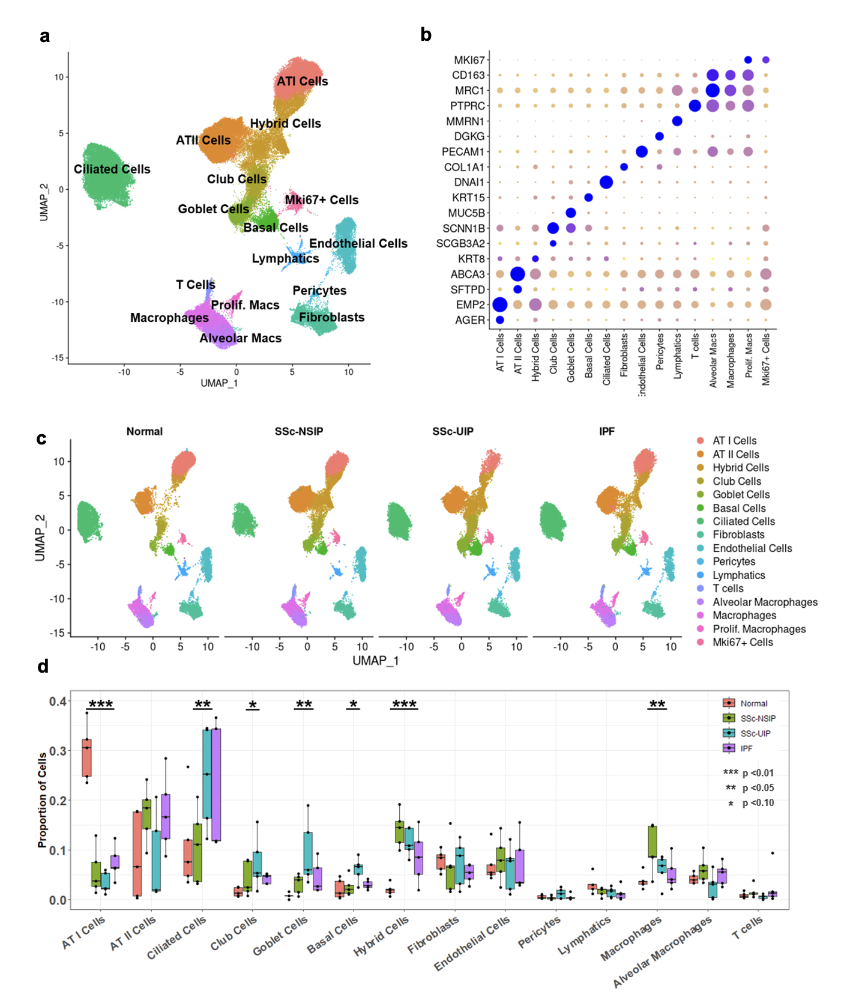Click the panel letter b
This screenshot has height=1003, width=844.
pos(426,35)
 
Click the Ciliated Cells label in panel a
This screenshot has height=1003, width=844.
pos(112,169)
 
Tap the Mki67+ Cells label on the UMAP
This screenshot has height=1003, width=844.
pos(321,200)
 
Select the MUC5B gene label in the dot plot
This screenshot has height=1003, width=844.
pos(466,213)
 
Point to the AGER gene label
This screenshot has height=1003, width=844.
pos(469,320)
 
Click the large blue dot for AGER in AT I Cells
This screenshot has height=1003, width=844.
pos(499,320)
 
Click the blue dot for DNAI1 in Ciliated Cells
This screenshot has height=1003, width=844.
pos(606,182)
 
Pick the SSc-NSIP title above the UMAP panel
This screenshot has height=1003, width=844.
pos(299,431)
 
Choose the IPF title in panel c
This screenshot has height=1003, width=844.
pos(607,431)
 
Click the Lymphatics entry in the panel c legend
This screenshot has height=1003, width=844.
pos(738,575)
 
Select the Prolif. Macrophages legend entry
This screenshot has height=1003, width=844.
pos(759,629)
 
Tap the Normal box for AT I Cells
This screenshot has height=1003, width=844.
pos(86,757)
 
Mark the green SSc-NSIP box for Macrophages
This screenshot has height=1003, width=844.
pos(653,841)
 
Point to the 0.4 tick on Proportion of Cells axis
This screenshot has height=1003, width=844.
pos(58,701)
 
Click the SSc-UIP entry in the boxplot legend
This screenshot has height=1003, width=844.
pos(755,733)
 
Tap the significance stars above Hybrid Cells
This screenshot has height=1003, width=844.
pos(404,704)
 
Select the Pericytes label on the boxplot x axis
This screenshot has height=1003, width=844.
pos(539,932)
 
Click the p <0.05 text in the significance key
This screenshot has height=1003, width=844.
pos(758,788)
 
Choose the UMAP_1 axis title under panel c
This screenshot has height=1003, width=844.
pos(375,661)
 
